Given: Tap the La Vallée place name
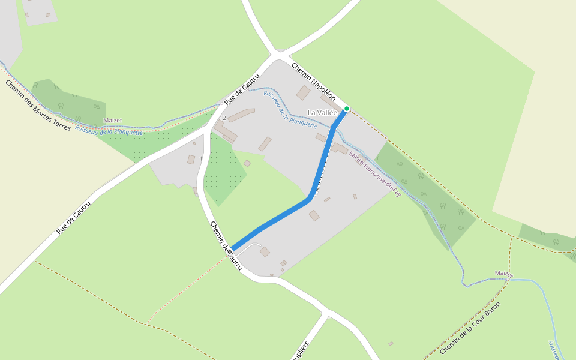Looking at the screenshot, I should [x=322, y=112].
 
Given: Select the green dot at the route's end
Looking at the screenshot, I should [x=346, y=109].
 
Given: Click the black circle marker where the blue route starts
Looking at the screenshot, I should [x=230, y=251].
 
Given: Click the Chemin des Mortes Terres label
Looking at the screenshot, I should [x=37, y=106].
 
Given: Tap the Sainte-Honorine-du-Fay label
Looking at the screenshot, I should [x=375, y=174].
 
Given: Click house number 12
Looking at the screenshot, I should [x=223, y=118].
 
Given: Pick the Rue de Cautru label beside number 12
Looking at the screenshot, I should [x=242, y=90].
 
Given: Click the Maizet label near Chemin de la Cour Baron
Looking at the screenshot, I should [x=504, y=274].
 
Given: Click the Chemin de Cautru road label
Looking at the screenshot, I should [x=226, y=245].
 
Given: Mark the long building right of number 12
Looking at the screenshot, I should [x=241, y=115].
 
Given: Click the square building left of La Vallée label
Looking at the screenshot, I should [x=303, y=93].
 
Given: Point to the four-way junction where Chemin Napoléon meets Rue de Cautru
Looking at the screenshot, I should [x=276, y=56].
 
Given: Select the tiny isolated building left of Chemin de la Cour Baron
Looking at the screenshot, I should [x=391, y=344].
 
